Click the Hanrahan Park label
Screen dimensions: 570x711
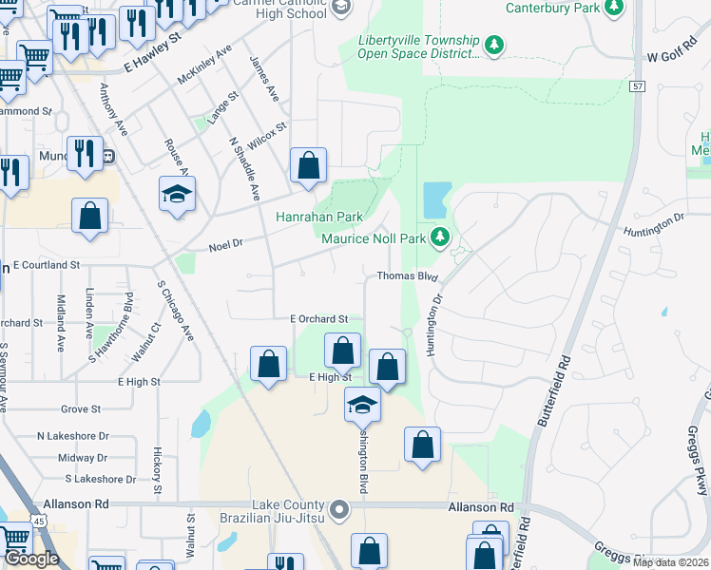point(319,217)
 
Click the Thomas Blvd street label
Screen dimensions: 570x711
point(407,276)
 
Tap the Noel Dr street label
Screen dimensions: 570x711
point(226,243)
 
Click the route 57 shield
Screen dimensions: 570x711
point(637,86)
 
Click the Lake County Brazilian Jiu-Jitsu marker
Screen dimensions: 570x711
point(341,511)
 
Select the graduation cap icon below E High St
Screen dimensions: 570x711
point(362,405)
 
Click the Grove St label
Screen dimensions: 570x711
point(80,409)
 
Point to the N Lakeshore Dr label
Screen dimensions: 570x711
point(73,436)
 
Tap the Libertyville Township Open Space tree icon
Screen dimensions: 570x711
point(493,44)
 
